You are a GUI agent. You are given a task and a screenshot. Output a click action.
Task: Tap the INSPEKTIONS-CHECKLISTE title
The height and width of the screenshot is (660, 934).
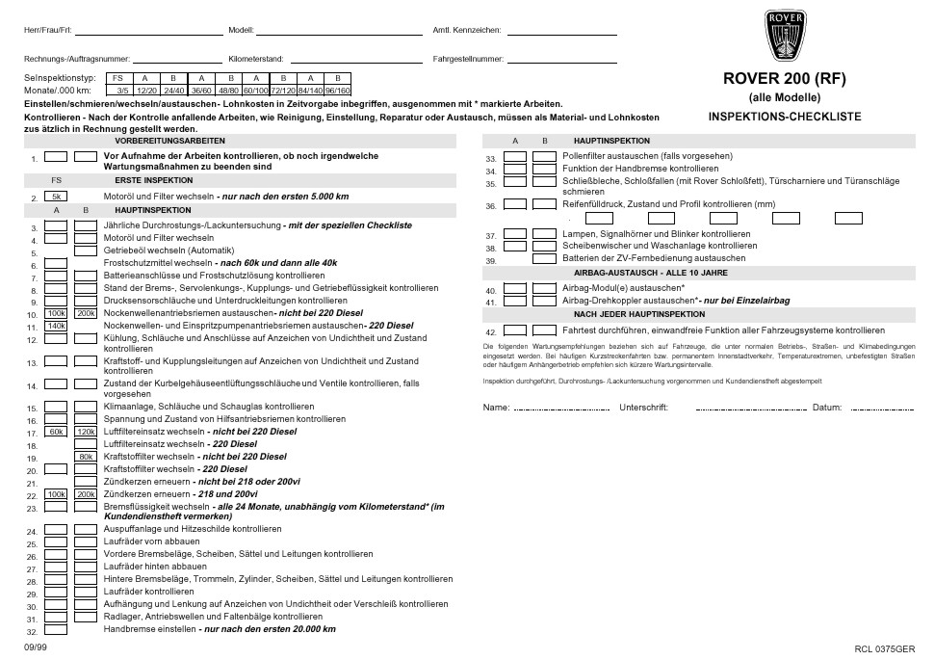click(x=784, y=117)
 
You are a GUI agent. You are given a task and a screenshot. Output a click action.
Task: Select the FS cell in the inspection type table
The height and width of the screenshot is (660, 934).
click(x=117, y=78)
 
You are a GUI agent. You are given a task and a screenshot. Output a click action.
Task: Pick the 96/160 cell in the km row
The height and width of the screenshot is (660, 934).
click(x=337, y=90)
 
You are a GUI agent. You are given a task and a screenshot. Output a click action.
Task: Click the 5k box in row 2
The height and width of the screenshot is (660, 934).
click(x=56, y=197)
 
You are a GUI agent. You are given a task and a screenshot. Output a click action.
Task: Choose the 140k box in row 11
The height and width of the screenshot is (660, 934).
click(x=56, y=326)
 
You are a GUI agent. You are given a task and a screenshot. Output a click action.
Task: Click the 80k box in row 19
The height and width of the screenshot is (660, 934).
click(x=86, y=456)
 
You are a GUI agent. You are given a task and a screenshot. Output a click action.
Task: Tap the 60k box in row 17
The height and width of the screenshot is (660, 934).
click(x=56, y=432)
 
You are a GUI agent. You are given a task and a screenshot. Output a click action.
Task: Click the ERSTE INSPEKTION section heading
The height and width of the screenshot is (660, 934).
click(x=154, y=179)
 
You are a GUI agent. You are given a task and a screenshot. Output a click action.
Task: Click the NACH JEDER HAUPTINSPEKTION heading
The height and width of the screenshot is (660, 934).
click(x=639, y=313)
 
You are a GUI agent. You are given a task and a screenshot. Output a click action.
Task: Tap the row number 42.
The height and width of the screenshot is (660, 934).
click(x=490, y=332)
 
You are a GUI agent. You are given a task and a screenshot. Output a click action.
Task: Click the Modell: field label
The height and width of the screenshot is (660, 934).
click(x=242, y=30)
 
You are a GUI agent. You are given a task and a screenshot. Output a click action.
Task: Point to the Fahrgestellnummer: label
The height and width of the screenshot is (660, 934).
click(x=468, y=59)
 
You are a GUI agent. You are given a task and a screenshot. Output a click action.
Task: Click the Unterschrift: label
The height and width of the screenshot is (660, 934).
click(x=643, y=408)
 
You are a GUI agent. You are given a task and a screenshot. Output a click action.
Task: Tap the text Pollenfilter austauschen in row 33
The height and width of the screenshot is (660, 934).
click(x=616, y=156)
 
